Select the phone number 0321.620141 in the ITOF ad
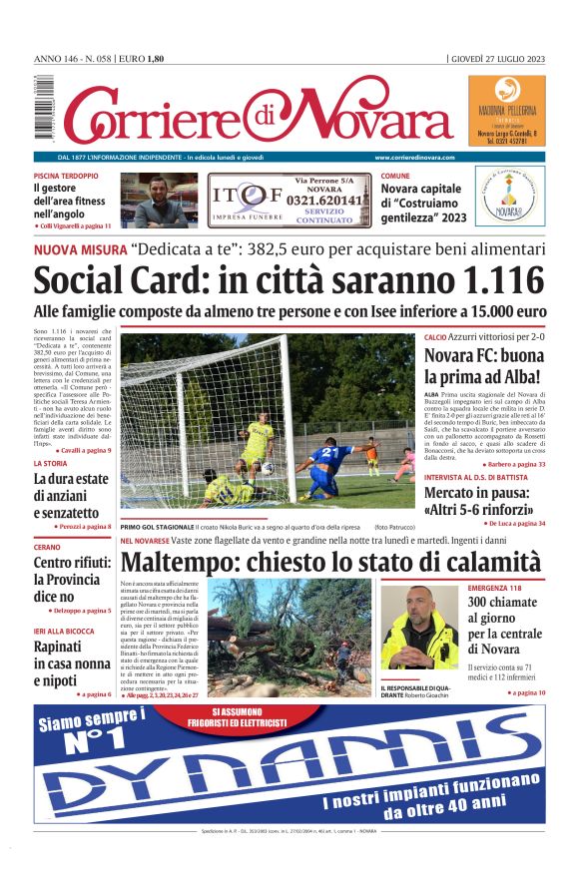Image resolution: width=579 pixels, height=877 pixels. pos(318,200)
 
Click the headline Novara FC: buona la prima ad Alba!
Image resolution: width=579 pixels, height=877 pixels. pos(484,366)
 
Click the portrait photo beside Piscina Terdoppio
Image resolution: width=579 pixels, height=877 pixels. pos(159,202)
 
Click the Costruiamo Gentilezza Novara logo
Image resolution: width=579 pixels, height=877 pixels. pos(509,198)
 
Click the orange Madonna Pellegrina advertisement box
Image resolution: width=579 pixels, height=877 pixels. pos(506,111)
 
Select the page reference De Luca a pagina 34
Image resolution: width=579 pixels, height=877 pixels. pos(513,523)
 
